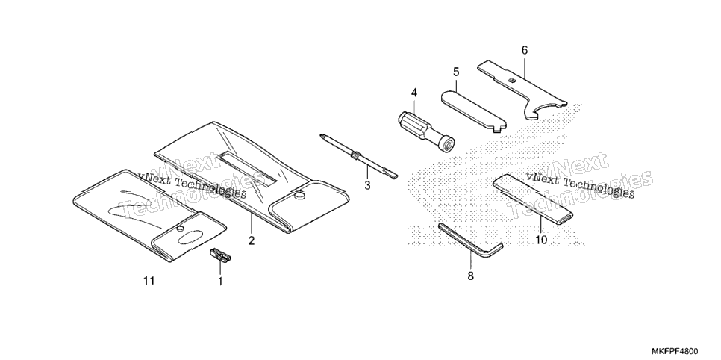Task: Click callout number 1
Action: tap(220, 281)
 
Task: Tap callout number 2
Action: tap(252, 240)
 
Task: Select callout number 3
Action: tap(367, 185)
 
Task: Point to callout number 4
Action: tap(414, 93)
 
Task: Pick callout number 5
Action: tap(456, 72)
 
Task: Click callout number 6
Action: tap(525, 50)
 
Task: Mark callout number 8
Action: tap(470, 276)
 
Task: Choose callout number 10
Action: tap(542, 240)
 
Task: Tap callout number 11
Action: tap(149, 280)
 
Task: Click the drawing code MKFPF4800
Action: tap(686, 351)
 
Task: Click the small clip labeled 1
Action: tap(220, 255)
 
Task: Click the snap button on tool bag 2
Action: tap(300, 196)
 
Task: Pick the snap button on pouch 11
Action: tap(181, 228)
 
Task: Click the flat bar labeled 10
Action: tap(534, 199)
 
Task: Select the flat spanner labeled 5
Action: tap(474, 111)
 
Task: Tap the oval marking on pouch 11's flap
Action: tap(189, 237)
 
